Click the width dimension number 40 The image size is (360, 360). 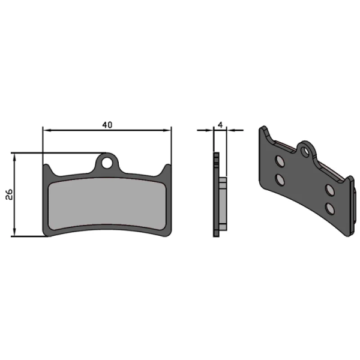[x=107, y=124]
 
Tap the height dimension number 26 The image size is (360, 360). [x=8, y=194]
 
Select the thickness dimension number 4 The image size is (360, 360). [x=221, y=124]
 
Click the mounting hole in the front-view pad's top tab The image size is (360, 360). [x=108, y=161]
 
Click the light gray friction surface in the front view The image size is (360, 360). [x=106, y=204]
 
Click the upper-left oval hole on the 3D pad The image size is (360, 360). [x=279, y=160]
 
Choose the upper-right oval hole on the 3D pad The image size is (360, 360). [x=329, y=190]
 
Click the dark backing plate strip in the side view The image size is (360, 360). [x=216, y=195]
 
